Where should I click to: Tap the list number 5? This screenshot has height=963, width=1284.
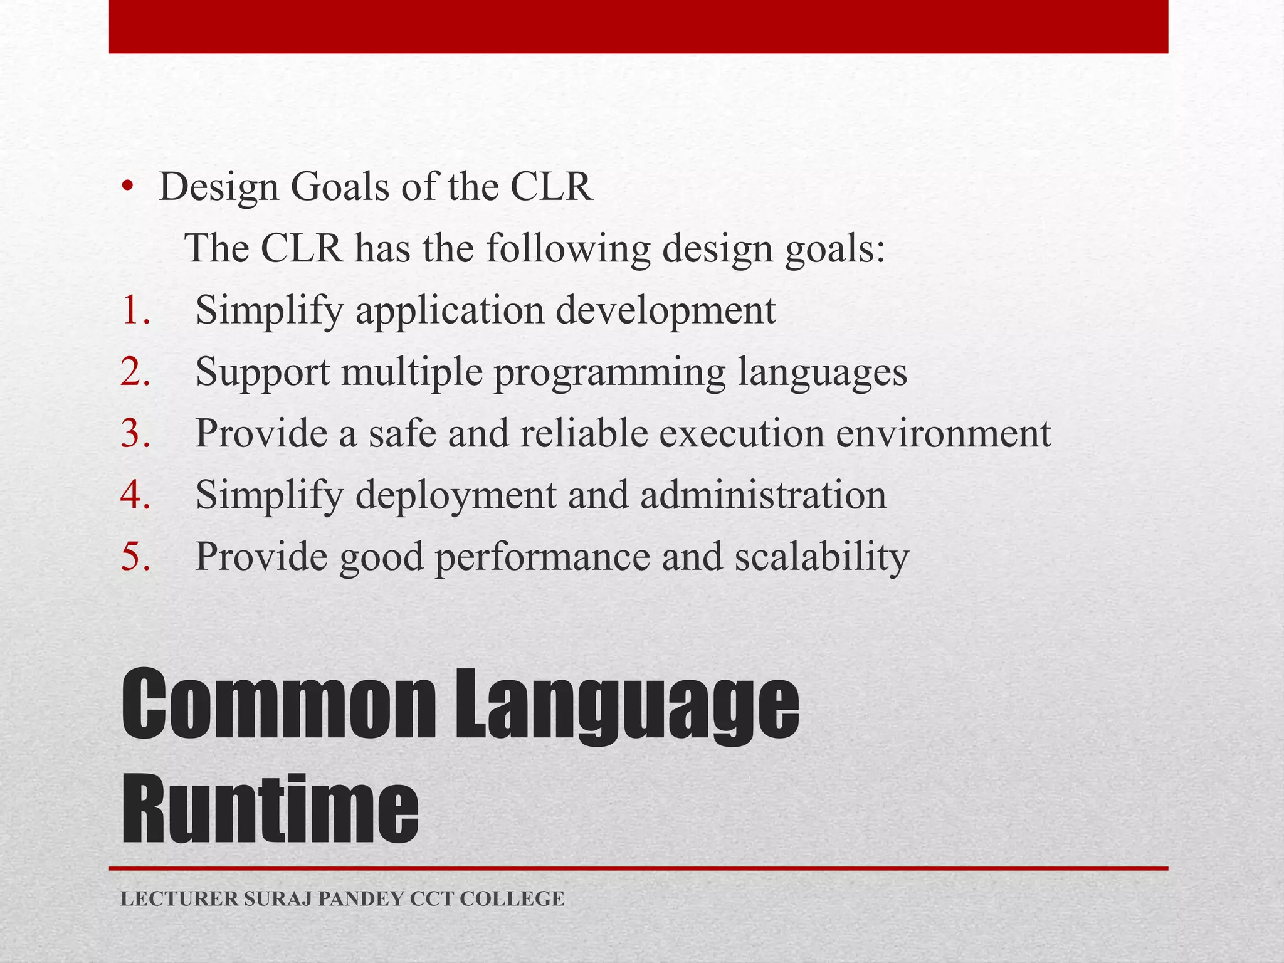[135, 556]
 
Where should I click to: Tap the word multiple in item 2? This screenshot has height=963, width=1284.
[412, 372]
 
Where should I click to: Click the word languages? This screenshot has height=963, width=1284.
[822, 372]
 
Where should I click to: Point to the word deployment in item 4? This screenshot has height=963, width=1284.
[455, 495]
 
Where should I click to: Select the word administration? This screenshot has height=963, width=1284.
[763, 495]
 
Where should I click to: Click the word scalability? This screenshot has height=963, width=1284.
[821, 556]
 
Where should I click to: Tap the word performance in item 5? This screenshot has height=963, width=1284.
[542, 556]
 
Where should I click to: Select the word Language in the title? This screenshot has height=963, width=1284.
[626, 705]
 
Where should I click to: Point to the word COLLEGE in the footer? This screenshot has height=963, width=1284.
[512, 899]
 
